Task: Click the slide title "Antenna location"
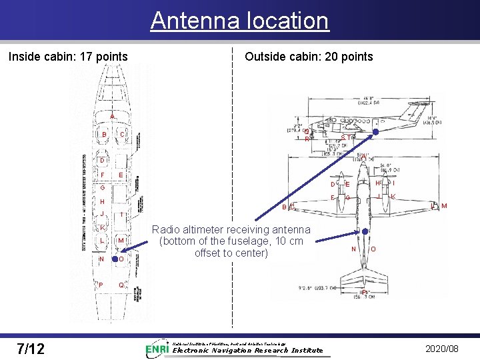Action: [x=239, y=21]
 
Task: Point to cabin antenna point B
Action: [x=104, y=135]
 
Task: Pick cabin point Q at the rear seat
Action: [x=120, y=285]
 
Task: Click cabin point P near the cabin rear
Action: [x=101, y=285]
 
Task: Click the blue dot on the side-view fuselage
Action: [x=375, y=132]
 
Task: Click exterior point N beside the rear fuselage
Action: [x=353, y=249]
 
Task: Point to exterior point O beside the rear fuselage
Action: [x=373, y=249]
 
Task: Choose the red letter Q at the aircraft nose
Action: [x=305, y=131]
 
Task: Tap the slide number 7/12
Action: [x=31, y=348]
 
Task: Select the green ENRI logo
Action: [x=157, y=349]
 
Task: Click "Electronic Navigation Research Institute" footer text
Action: [x=247, y=350]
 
